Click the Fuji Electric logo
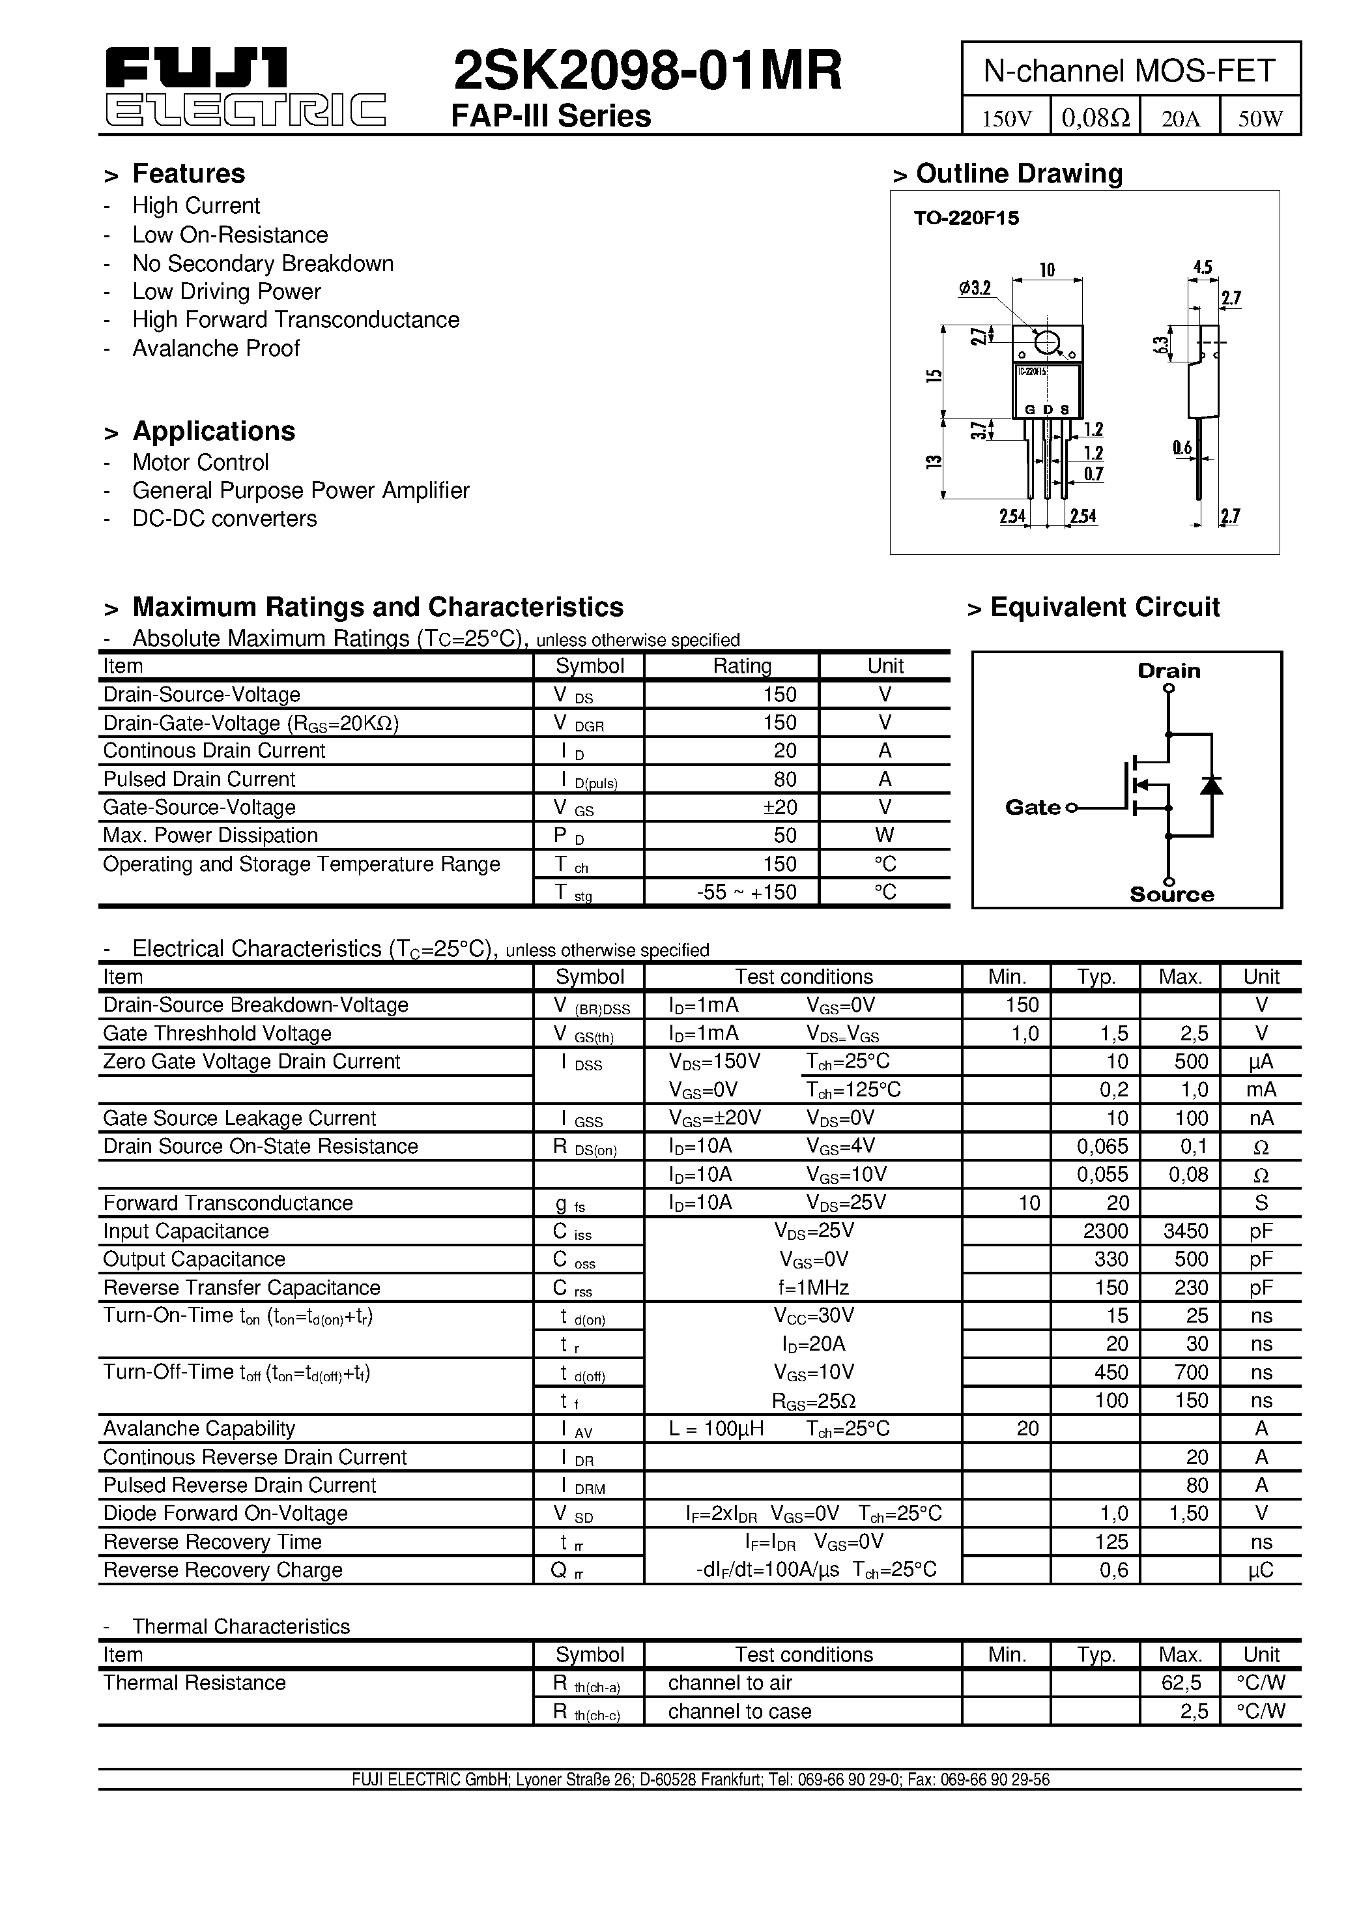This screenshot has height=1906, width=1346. coord(245,85)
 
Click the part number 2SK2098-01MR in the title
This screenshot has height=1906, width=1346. coord(648,70)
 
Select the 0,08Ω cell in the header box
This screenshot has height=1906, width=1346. coord(1095,118)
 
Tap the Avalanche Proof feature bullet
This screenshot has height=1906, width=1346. coord(215,349)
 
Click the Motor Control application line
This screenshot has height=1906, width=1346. coord(200,462)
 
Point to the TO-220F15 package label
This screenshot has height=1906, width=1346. coord(966,218)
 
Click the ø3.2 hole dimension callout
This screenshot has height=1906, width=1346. coord(975,288)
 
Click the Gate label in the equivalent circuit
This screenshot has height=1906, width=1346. coord(1033,807)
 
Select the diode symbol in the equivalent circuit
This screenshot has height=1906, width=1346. coord(1212,784)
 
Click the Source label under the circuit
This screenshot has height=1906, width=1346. coord(1171,895)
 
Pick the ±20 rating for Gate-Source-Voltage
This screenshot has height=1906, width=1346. coord(779,807)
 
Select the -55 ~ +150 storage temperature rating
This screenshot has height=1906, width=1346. coord(746,892)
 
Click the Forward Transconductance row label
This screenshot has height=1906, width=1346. coord(227,1203)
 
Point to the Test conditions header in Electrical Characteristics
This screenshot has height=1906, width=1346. coord(803,976)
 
